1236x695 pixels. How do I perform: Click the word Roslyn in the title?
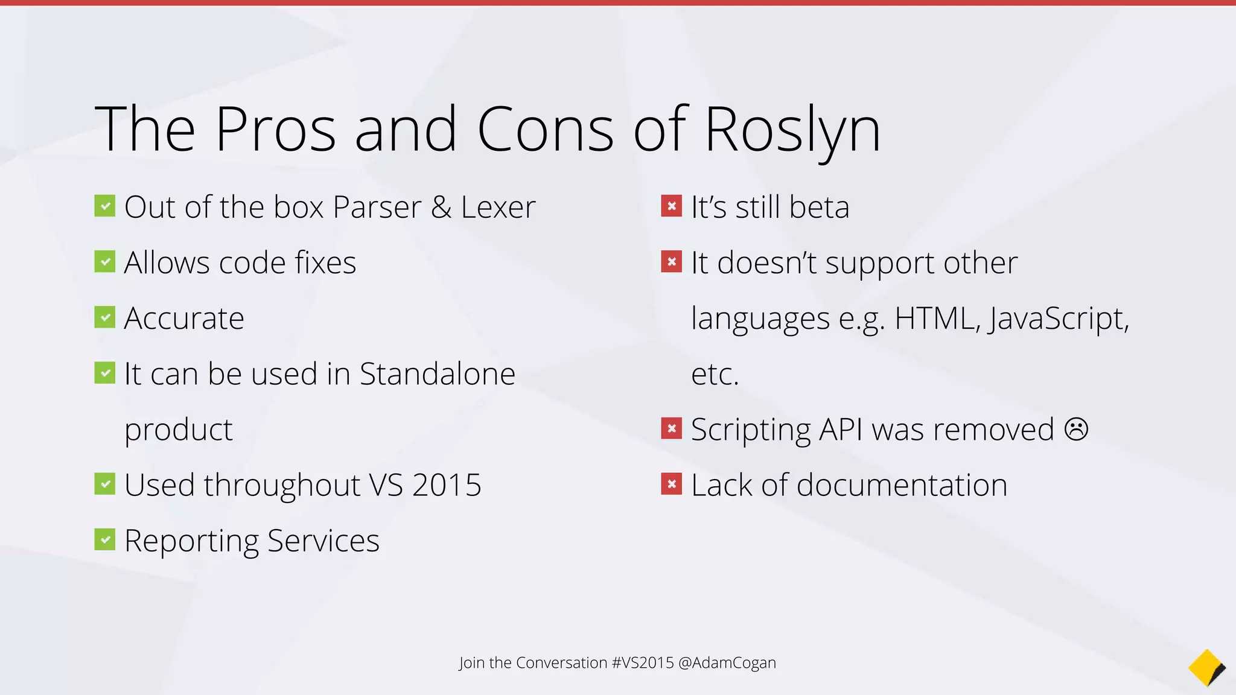792,130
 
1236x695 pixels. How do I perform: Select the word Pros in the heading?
275,129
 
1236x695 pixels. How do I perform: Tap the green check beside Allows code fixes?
105,262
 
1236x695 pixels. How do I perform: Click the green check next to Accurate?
105,317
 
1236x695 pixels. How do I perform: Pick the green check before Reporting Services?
105,539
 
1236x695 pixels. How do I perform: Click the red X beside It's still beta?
671,206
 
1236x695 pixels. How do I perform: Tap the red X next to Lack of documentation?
671,484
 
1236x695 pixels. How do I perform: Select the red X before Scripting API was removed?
671,428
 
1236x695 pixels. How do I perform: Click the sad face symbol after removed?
1076,430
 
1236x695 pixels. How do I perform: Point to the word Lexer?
498,208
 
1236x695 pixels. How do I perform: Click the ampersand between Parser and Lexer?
441,208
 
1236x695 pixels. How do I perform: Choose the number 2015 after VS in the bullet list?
447,485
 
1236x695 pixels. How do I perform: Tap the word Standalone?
437,374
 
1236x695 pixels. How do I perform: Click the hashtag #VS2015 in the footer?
642,662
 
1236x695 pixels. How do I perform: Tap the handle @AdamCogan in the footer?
727,662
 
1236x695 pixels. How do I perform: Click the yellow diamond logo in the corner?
1206,667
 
